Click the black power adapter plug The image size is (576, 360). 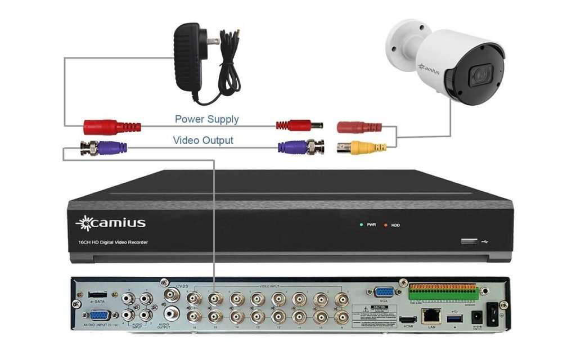pyautogui.click(x=189, y=56)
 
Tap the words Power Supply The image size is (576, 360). pyautogui.click(x=206, y=119)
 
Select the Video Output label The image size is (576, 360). pyautogui.click(x=202, y=141)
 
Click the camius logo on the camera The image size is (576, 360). pyautogui.click(x=429, y=69)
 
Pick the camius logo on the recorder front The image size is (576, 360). pyautogui.click(x=111, y=223)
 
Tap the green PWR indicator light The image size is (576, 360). pyautogui.click(x=361, y=224)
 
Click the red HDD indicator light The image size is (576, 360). pyautogui.click(x=386, y=225)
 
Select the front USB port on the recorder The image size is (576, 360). pyautogui.click(x=468, y=242)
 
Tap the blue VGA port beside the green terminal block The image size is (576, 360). pyautogui.click(x=384, y=292)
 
